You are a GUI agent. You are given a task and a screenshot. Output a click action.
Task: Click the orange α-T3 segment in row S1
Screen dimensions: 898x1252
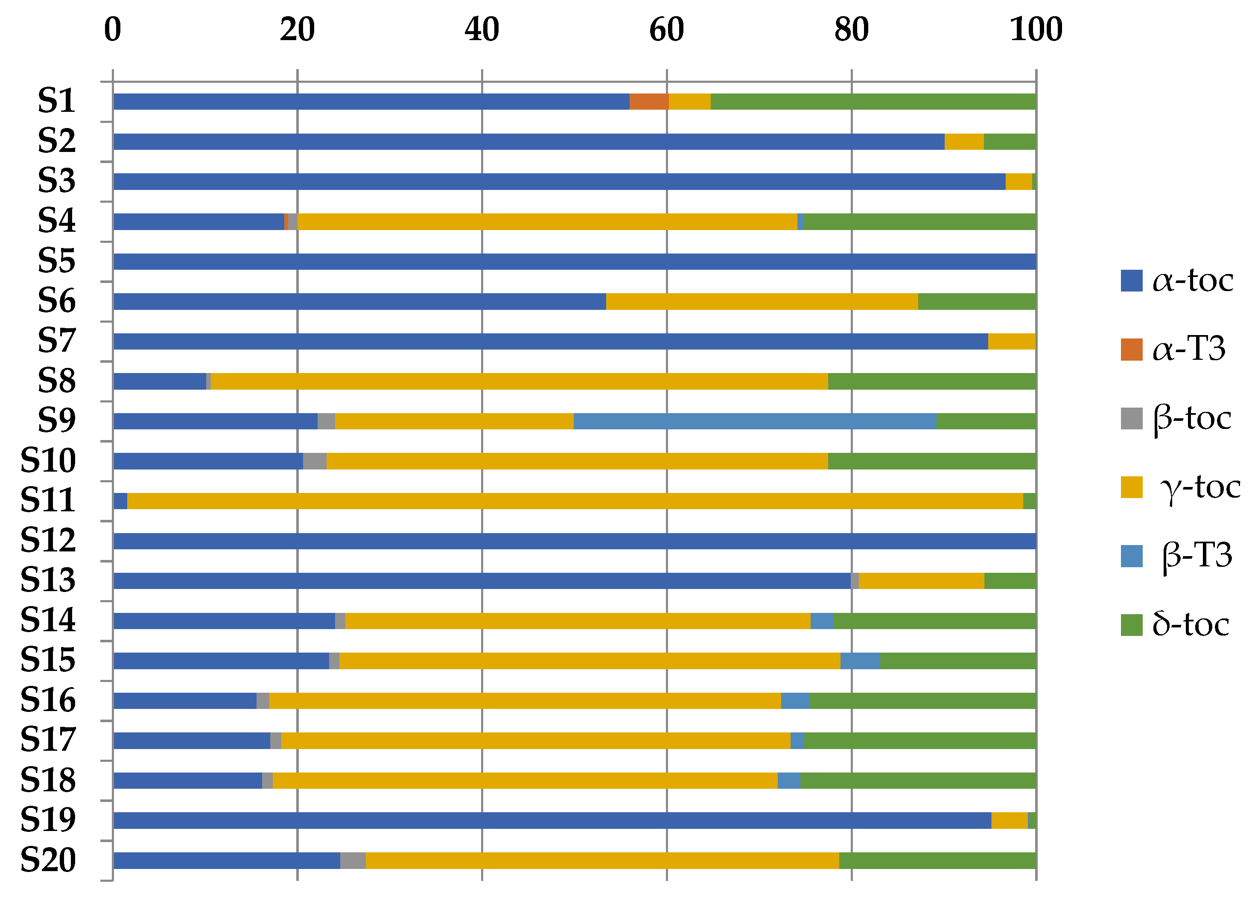click(649, 102)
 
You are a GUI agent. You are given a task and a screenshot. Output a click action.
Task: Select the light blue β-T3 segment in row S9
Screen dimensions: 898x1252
click(755, 421)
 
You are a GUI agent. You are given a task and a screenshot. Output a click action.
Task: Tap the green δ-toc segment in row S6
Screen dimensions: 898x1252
click(977, 301)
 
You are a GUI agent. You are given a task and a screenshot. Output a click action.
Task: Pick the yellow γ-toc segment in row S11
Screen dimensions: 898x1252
click(575, 501)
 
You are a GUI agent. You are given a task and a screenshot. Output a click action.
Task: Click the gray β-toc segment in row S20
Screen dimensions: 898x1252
click(353, 860)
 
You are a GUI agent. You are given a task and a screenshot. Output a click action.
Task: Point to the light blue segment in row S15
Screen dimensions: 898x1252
click(860, 661)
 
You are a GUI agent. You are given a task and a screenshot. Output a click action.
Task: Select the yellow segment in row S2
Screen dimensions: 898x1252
click(964, 142)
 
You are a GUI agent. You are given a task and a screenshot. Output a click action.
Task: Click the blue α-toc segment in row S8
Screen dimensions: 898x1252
click(160, 382)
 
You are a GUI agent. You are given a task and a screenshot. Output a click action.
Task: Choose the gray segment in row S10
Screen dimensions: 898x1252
click(315, 461)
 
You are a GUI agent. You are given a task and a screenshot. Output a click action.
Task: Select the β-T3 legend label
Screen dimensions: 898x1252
click(1197, 555)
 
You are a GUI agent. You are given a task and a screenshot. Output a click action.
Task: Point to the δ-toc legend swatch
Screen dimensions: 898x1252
click(1131, 625)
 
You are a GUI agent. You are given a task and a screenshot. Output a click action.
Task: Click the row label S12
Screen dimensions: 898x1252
click(48, 540)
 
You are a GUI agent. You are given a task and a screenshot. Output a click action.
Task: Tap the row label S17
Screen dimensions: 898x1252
click(48, 740)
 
